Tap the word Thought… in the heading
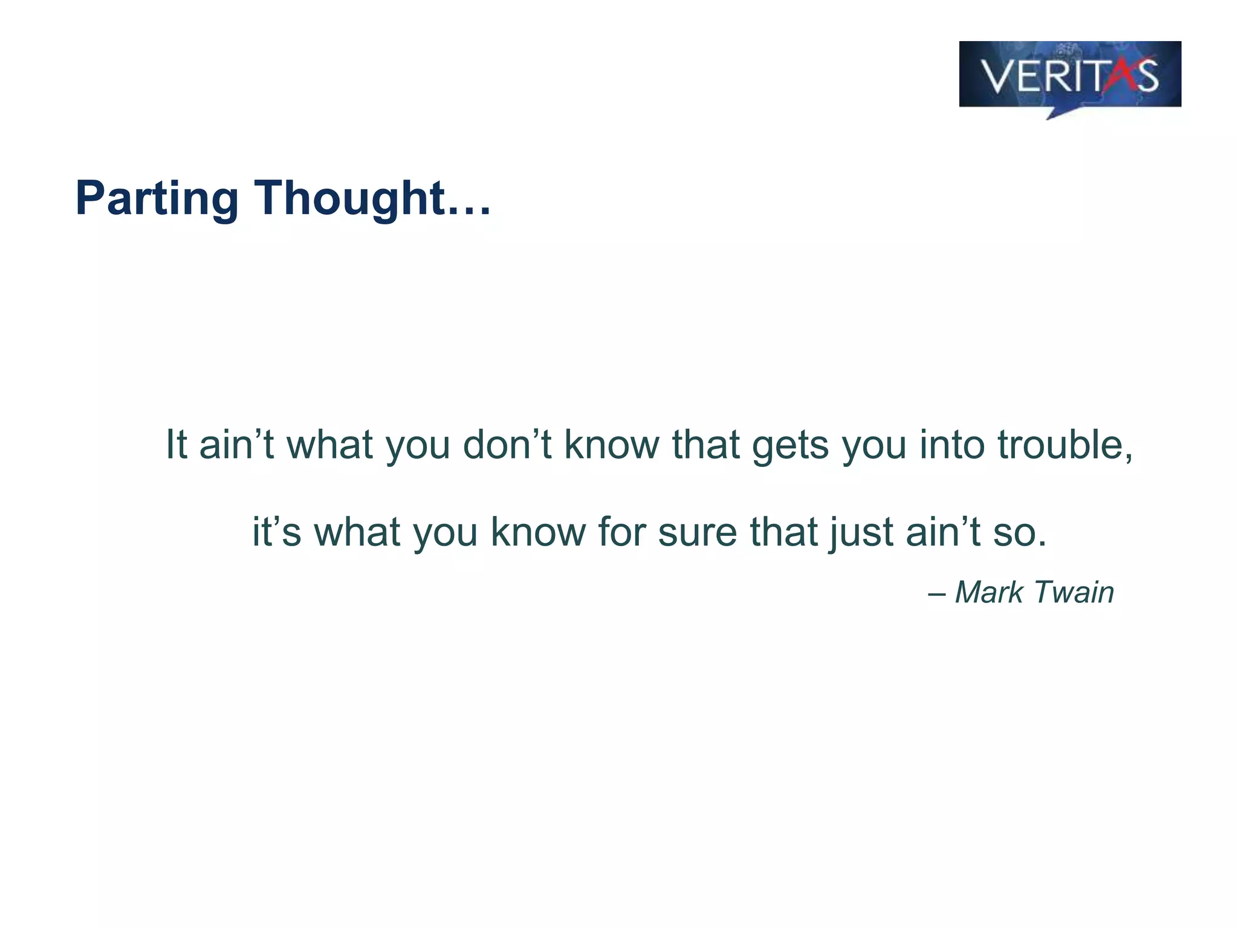[x=372, y=198]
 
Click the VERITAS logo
[x=1069, y=75]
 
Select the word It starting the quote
[x=177, y=445]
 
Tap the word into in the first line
[x=953, y=445]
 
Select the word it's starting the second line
[x=276, y=532]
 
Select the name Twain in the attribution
[x=1074, y=592]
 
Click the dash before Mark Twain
[x=936, y=593]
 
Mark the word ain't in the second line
[x=944, y=532]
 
